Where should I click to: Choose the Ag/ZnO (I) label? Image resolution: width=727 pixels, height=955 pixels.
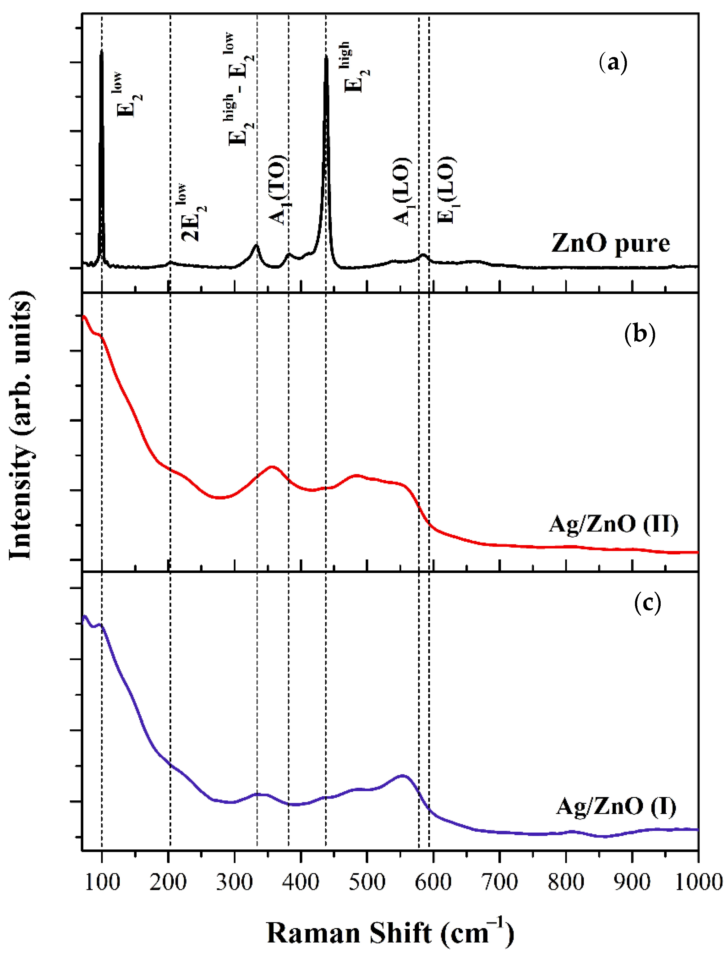[x=616, y=807]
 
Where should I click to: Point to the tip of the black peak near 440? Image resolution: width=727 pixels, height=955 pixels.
[x=326, y=56]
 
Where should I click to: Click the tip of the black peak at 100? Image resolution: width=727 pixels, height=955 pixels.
[x=102, y=50]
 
